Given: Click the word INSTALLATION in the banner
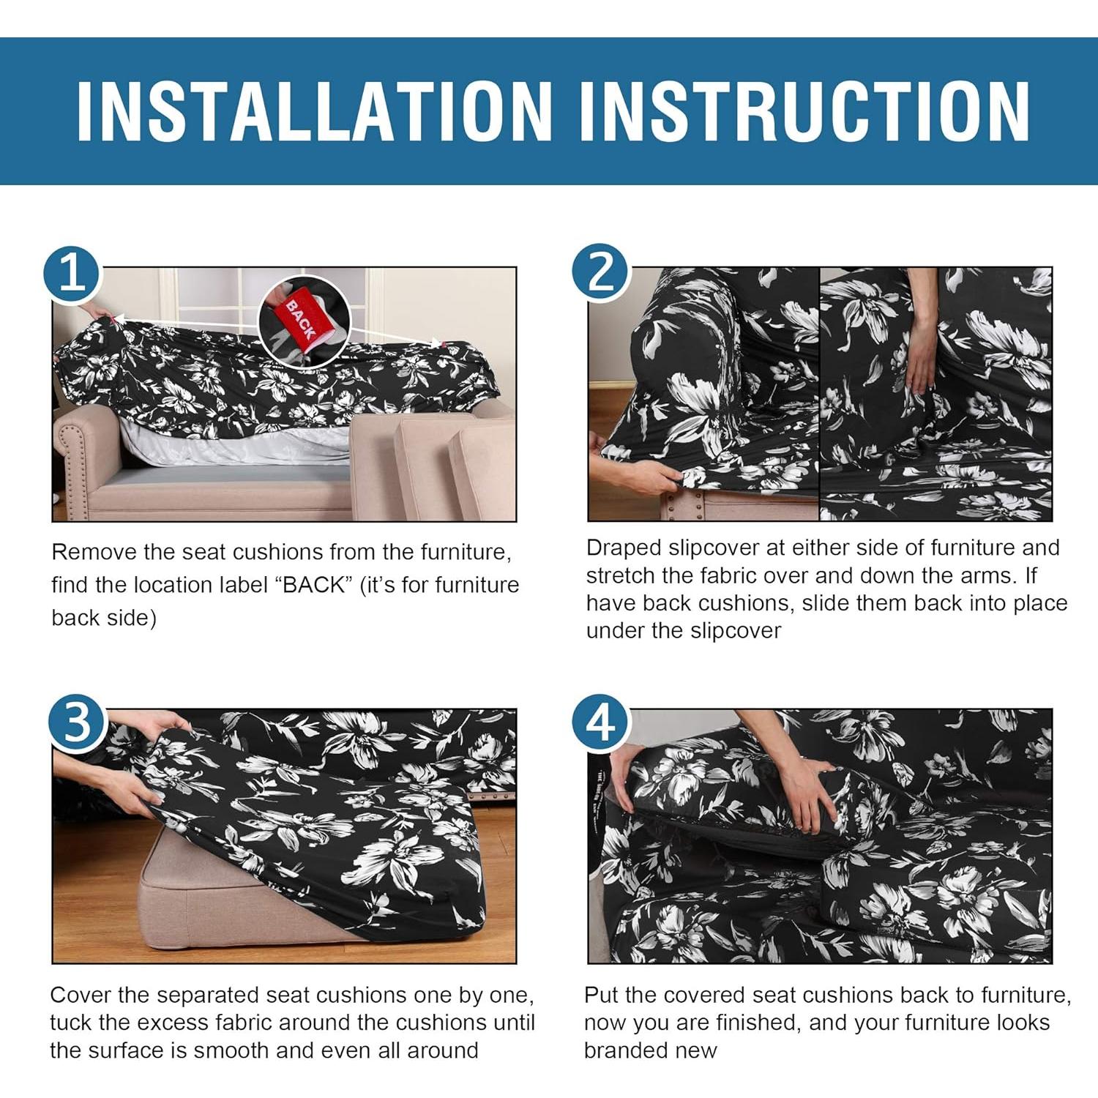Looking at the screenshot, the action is [314, 111].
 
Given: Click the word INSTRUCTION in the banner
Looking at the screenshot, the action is [804, 111].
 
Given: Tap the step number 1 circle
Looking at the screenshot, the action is [72, 274].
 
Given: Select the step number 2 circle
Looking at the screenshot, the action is [601, 273].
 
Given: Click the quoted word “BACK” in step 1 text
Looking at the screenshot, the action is [315, 585].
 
